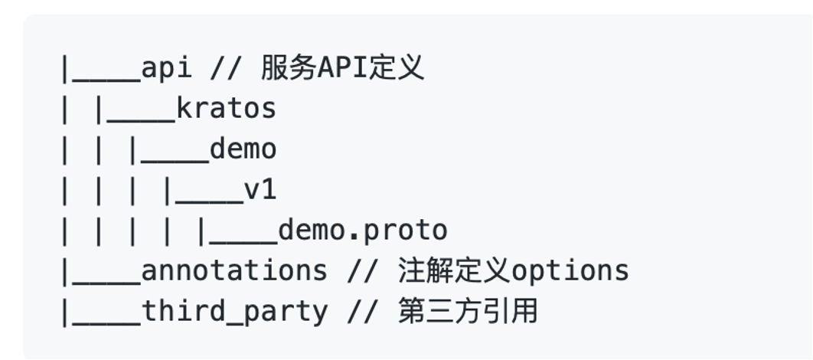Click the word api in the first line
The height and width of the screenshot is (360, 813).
pos(166,69)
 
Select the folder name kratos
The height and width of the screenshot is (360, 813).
pos(226,110)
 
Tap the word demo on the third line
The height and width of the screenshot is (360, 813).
pos(243,149)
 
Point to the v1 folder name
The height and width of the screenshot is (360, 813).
pos(260,190)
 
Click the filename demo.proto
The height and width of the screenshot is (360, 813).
pos(362,231)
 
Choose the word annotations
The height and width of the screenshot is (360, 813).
pos(234,270)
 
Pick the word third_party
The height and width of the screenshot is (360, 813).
pos(234,311)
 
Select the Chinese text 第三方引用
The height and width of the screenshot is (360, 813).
pos(468,311)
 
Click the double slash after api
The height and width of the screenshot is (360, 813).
pos(225,69)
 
